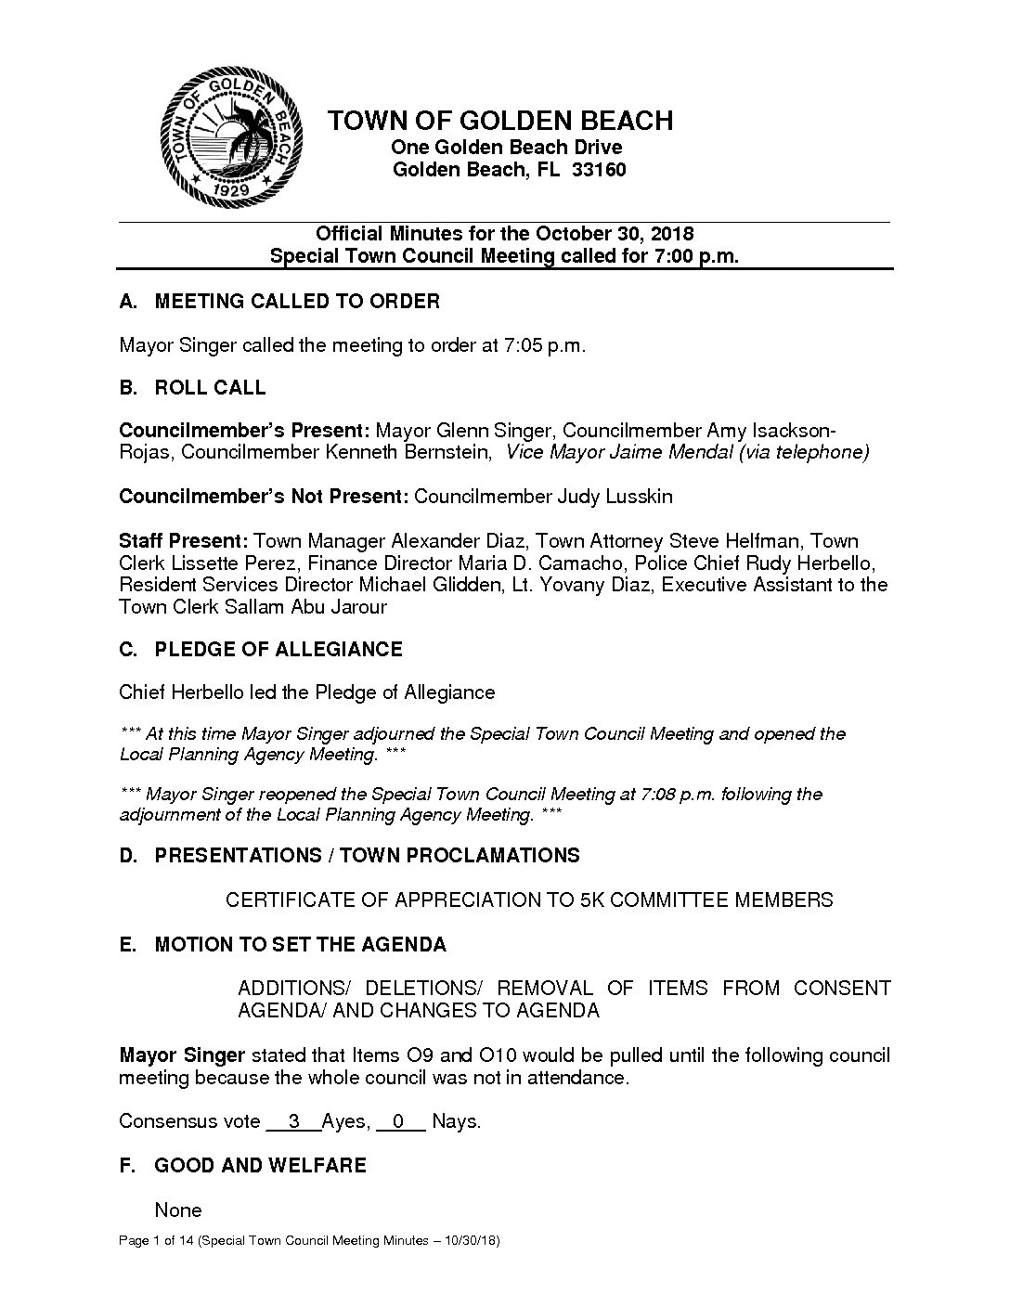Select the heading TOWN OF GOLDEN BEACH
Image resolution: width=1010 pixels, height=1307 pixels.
click(x=501, y=121)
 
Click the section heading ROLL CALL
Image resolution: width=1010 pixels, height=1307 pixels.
click(x=210, y=388)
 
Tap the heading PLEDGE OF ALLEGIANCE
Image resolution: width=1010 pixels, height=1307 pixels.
click(x=278, y=650)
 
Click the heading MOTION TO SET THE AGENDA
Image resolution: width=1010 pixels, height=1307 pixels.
click(x=300, y=945)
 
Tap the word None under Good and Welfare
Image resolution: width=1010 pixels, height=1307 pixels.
click(x=178, y=1210)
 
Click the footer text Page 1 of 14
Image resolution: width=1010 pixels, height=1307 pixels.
click(x=156, y=1241)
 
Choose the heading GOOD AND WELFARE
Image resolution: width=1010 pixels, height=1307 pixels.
click(x=260, y=1165)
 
